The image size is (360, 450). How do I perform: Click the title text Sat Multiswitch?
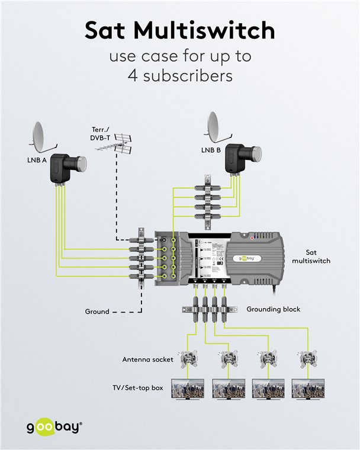click(x=179, y=31)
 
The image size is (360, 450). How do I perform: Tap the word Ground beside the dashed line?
click(x=97, y=311)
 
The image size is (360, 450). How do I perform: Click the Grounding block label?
click(x=274, y=309)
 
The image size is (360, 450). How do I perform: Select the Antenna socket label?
click(x=147, y=359)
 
